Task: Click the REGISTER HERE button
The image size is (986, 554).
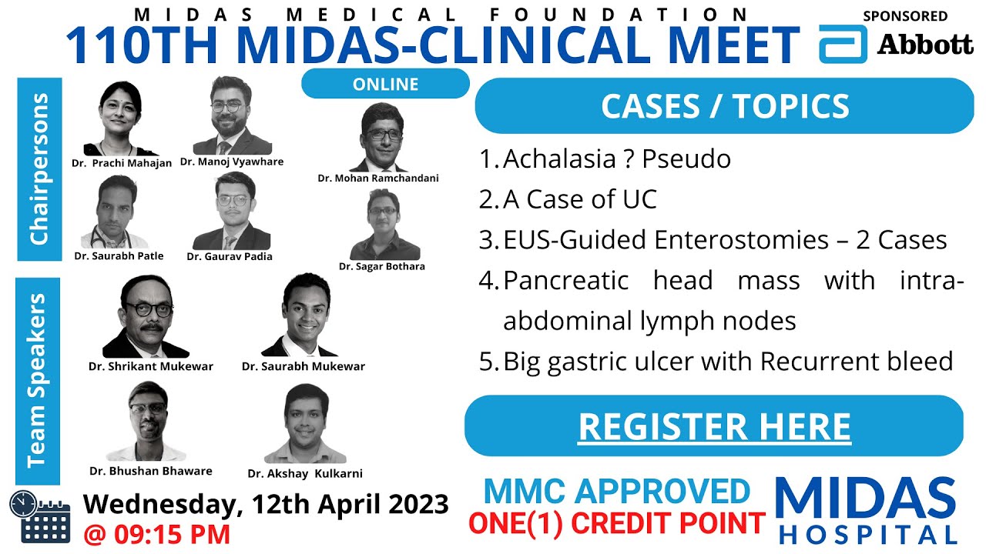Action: tap(714, 426)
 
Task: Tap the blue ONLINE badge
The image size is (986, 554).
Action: tap(385, 84)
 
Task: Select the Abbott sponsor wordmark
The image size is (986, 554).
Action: tap(925, 45)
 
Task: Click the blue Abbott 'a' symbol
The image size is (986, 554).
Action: tap(842, 44)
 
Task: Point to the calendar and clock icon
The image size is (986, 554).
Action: tap(39, 516)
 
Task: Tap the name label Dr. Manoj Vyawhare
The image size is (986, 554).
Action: tap(232, 162)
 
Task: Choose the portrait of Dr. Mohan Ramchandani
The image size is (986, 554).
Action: tap(378, 137)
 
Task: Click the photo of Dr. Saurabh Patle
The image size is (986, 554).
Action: tap(118, 212)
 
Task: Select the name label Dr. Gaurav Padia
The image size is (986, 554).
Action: tap(230, 256)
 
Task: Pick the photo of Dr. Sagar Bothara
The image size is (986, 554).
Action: tap(383, 224)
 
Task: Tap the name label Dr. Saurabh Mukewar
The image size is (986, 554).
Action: tap(304, 366)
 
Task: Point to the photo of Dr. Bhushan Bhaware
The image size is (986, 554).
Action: tap(149, 422)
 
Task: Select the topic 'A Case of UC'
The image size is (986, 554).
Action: tap(579, 199)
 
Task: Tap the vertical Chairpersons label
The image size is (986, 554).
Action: tap(39, 169)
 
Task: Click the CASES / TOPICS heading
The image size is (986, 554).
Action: tap(724, 106)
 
